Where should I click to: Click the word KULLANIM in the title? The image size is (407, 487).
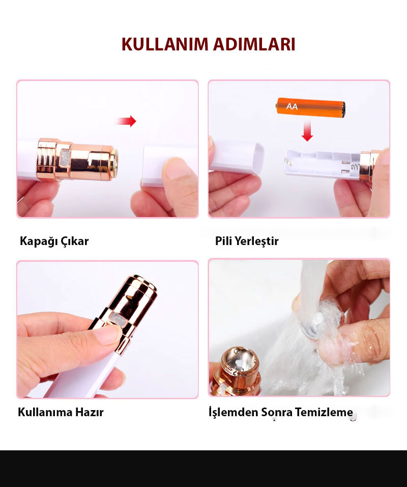164,44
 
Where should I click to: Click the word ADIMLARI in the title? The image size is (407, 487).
254,44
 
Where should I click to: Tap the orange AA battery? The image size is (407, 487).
311,108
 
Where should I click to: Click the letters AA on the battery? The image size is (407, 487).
292,106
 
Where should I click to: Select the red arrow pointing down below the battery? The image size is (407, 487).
307,130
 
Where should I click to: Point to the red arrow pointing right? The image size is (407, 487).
126,121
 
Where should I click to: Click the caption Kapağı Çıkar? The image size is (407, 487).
54,241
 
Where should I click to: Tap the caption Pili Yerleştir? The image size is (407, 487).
247,241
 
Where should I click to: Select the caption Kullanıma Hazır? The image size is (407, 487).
61,412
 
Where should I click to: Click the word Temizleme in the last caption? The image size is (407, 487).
324,412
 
